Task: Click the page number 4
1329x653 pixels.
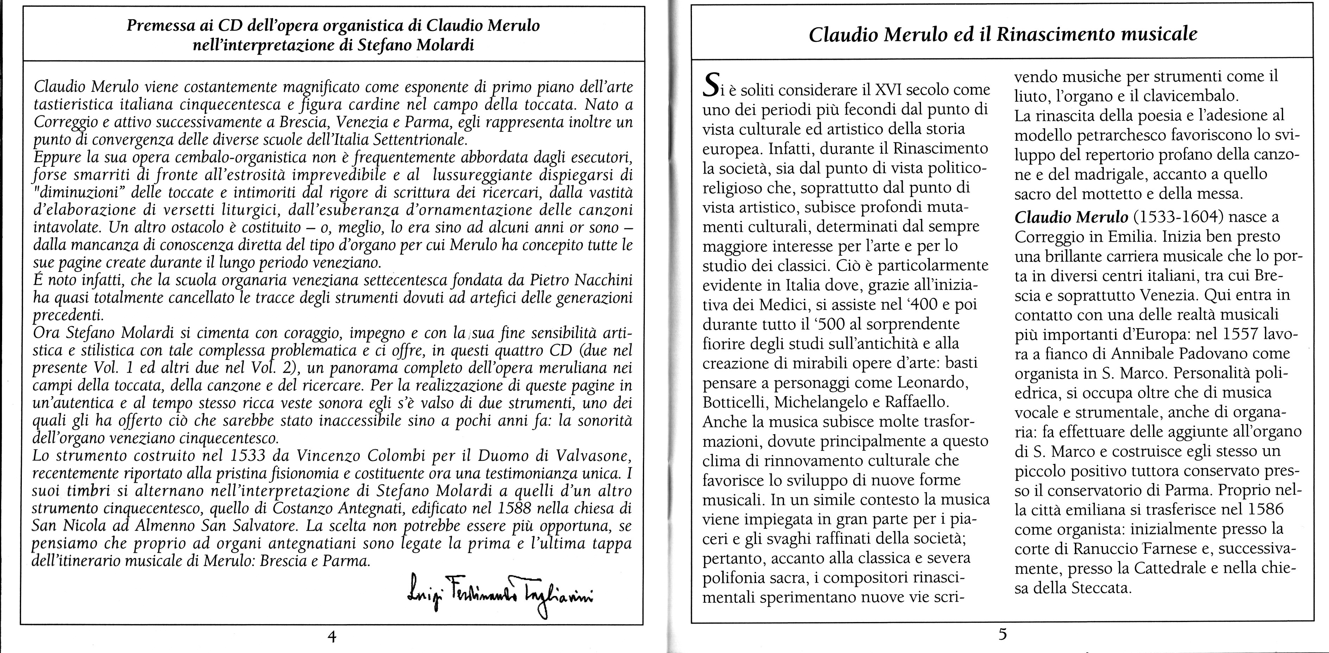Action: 332,636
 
